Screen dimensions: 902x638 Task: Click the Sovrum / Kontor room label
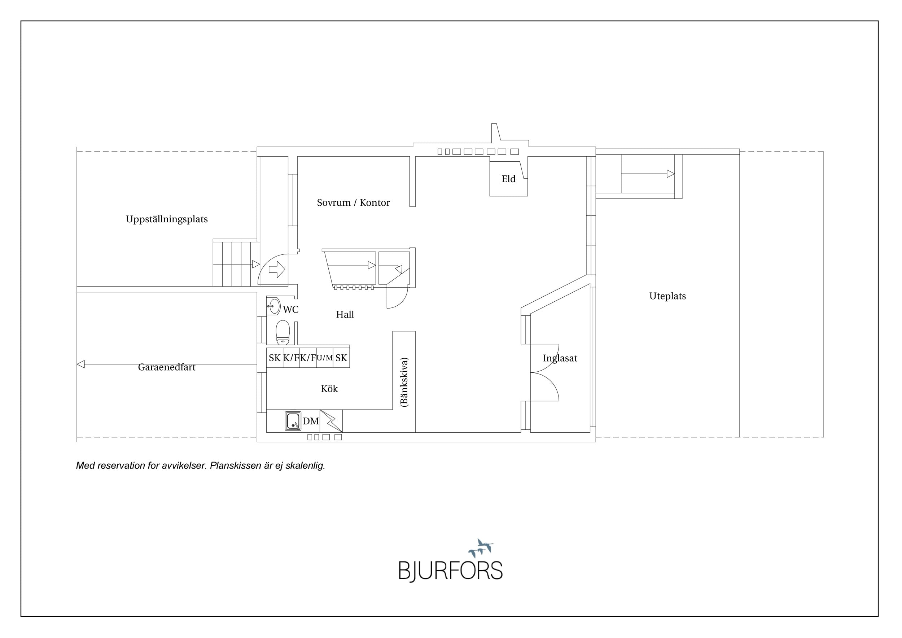[353, 203]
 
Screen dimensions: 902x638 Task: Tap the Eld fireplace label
[508, 179]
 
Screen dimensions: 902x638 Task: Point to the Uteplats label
[667, 296]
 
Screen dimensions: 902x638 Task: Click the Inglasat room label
[560, 358]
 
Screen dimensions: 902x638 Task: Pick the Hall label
[345, 314]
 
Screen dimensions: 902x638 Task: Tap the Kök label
[329, 389]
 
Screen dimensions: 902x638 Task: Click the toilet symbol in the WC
[283, 332]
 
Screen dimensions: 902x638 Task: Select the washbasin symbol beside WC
[274, 306]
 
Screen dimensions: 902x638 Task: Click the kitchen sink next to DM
[293, 421]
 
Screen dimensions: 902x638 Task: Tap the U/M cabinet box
[324, 358]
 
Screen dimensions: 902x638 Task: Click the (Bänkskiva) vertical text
[404, 382]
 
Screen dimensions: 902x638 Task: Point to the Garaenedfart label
[167, 367]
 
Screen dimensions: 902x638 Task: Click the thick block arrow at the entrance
[277, 270]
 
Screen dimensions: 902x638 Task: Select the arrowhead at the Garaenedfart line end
[80, 364]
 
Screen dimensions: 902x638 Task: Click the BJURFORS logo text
[451, 571]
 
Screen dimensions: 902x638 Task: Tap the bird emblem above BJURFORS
[481, 548]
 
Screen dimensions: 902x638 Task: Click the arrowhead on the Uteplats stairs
[671, 174]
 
